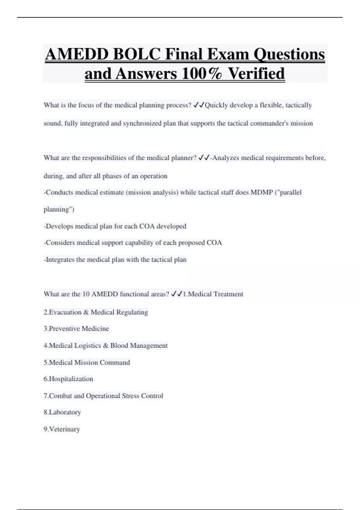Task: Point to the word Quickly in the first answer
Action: tap(217, 105)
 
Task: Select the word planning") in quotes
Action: tap(59, 209)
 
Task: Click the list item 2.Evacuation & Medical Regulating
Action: tap(96, 312)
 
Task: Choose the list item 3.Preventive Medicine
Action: tap(76, 329)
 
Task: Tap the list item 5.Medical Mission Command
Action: tap(87, 362)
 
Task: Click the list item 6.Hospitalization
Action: tap(68, 379)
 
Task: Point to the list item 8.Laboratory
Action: tap(62, 412)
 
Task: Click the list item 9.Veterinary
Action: tap(61, 429)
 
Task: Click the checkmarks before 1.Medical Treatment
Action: tap(177, 294)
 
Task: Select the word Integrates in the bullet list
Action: tap(60, 259)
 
